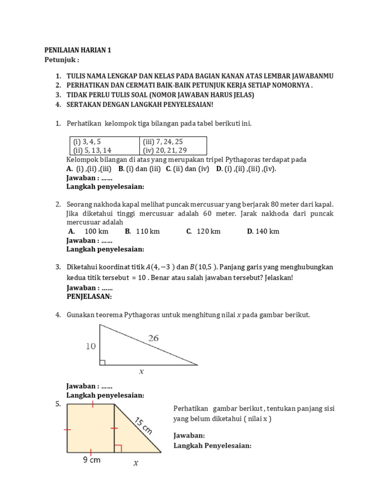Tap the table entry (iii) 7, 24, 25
(163, 141)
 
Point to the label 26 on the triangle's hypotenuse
(153, 338)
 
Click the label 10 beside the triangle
(90, 346)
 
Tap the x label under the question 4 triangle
(142, 372)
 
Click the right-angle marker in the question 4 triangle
(102, 363)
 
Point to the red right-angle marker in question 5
(118, 448)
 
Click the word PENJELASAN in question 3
(89, 297)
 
